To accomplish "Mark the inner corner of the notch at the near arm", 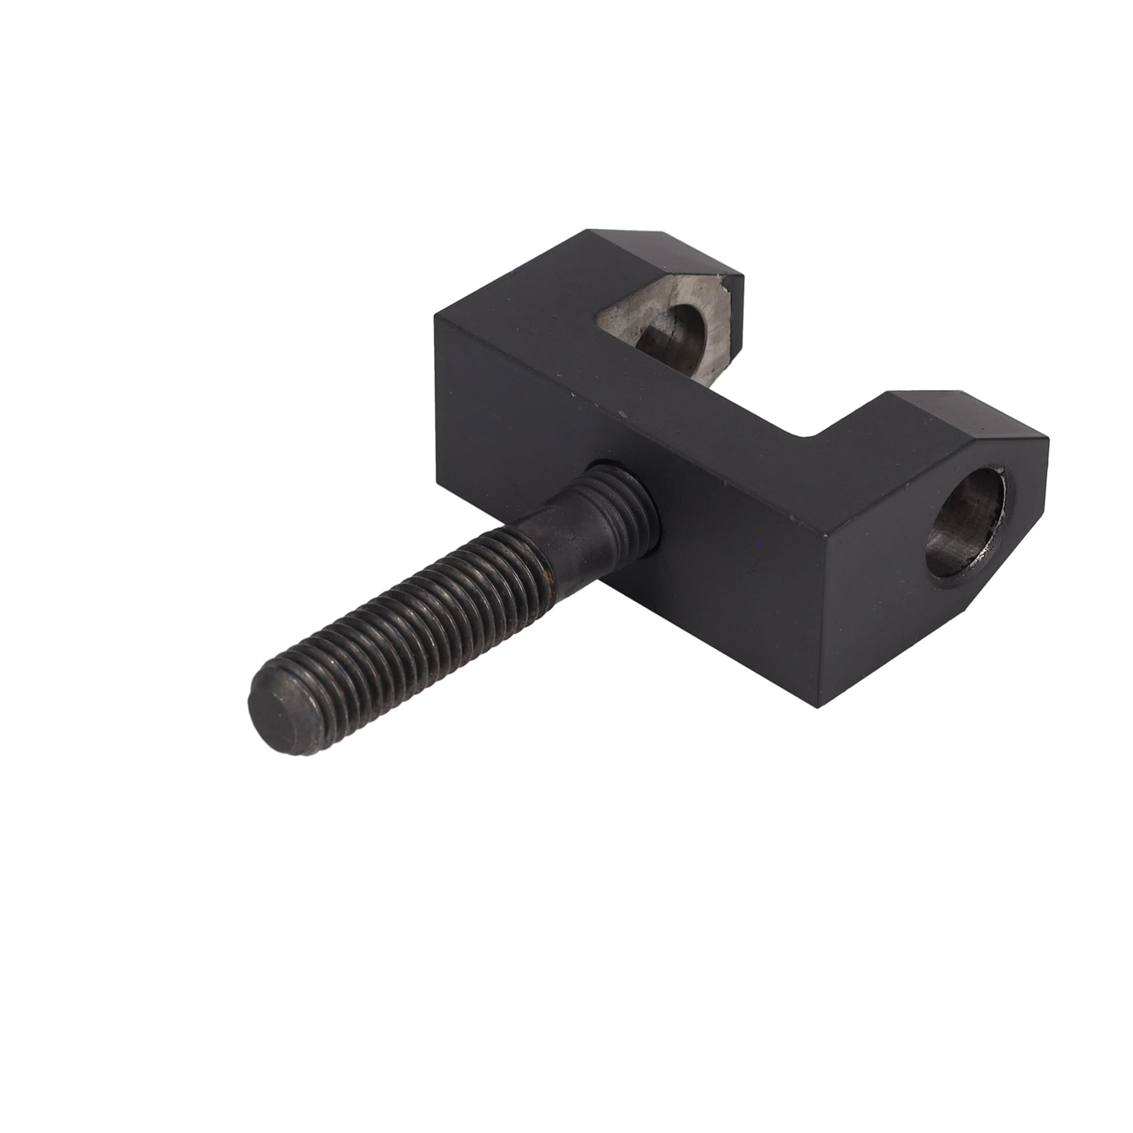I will click(811, 437).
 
